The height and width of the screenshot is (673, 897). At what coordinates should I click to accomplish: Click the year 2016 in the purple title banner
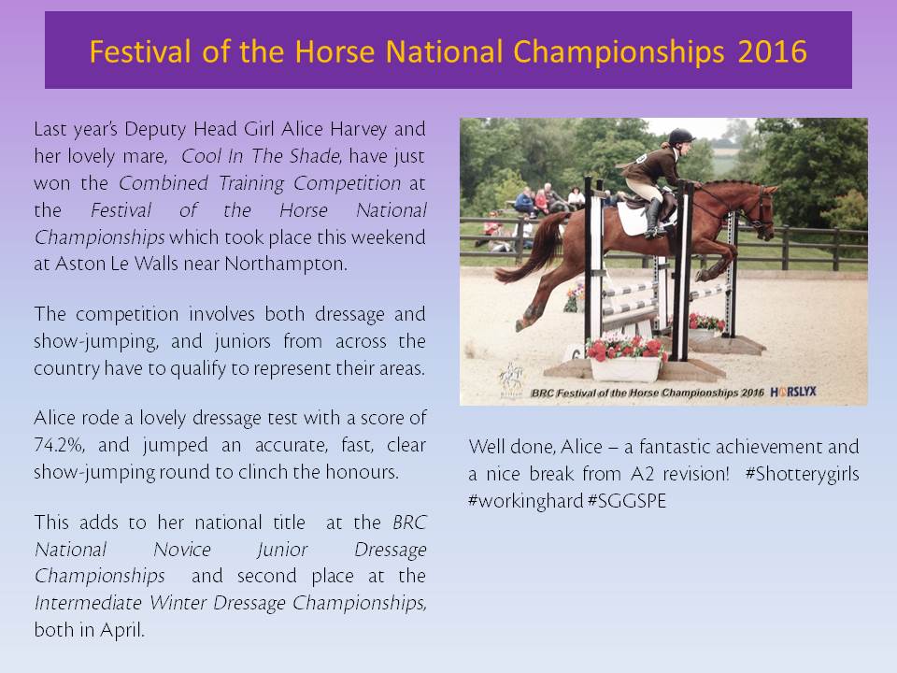pyautogui.click(x=772, y=51)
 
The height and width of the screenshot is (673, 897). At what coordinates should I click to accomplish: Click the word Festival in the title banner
pyautogui.click(x=139, y=51)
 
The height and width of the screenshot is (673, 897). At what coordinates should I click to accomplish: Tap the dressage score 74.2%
pyautogui.click(x=59, y=445)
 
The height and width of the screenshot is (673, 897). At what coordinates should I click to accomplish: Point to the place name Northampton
pyautogui.click(x=286, y=264)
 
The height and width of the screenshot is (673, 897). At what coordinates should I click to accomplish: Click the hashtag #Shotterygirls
pyautogui.click(x=802, y=474)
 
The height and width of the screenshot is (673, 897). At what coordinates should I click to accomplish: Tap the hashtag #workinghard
pyautogui.click(x=526, y=501)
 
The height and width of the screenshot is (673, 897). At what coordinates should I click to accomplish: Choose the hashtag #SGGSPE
pyautogui.click(x=627, y=501)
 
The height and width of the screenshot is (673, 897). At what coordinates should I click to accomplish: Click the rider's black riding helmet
pyautogui.click(x=681, y=136)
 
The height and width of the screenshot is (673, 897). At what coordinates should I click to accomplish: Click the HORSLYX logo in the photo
pyautogui.click(x=793, y=392)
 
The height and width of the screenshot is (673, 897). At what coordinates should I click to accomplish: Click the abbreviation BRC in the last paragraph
pyautogui.click(x=409, y=523)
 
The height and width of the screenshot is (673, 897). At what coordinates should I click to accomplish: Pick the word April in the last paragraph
pyautogui.click(x=121, y=631)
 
